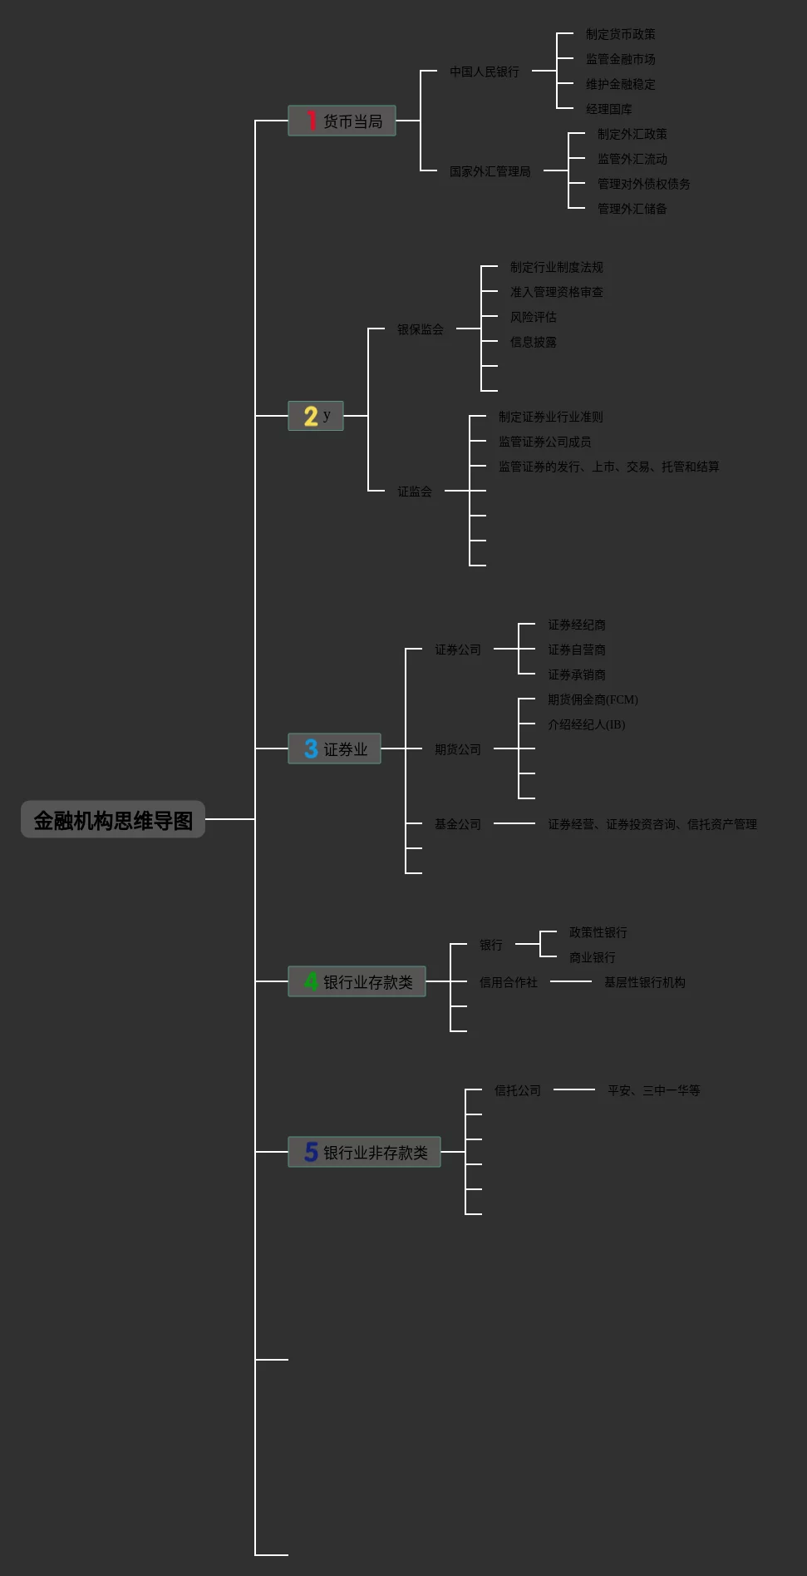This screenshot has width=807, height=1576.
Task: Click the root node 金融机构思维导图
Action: click(x=113, y=820)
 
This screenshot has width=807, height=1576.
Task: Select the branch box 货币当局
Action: click(x=342, y=121)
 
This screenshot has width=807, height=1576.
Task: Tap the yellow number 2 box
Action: click(x=316, y=416)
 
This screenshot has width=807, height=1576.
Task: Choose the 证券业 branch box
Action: click(x=334, y=748)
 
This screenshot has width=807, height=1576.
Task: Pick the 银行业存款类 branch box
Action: click(x=357, y=981)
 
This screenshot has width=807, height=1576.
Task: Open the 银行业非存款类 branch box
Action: click(x=364, y=1152)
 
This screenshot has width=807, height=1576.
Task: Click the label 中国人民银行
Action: click(x=485, y=72)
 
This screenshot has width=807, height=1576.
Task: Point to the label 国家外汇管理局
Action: click(x=490, y=171)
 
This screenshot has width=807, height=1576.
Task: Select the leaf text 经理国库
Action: click(x=608, y=109)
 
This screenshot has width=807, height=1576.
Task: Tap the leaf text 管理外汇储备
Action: click(x=632, y=209)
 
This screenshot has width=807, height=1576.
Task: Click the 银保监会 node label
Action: click(x=420, y=329)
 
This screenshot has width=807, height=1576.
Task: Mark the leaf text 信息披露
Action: click(x=533, y=342)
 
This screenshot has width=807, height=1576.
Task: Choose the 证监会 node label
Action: click(x=414, y=492)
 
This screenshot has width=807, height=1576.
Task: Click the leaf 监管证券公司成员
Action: click(x=544, y=442)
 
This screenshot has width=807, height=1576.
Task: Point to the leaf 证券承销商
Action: click(x=576, y=674)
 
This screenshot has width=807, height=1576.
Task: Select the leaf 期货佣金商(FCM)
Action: click(x=593, y=699)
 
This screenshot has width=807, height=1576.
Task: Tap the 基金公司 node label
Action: click(x=457, y=824)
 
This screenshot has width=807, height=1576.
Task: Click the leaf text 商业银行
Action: click(x=592, y=957)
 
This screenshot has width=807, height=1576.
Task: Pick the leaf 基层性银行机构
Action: click(x=644, y=982)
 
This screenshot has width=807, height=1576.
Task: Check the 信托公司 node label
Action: click(x=517, y=1090)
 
